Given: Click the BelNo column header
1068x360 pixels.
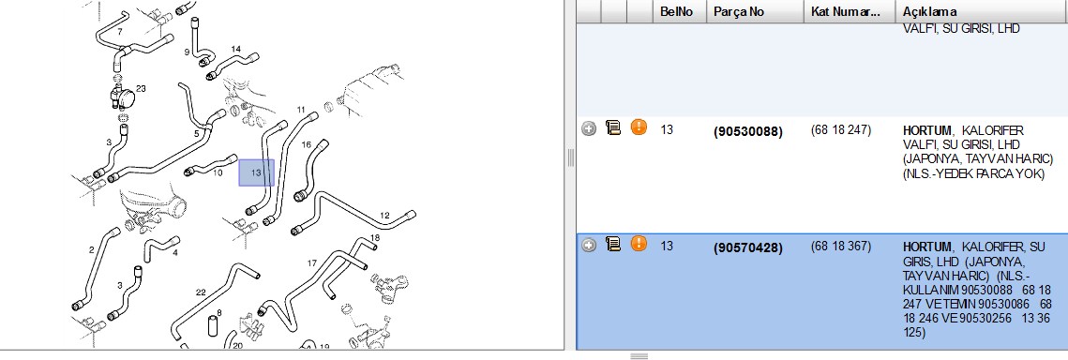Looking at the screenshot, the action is (x=676, y=11).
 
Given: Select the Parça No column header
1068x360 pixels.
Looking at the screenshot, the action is (x=739, y=11).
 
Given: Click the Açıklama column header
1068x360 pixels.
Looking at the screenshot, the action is (x=930, y=11).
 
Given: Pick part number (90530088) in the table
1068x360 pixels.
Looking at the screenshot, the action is (x=748, y=132).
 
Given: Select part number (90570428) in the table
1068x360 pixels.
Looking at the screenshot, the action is (x=748, y=247).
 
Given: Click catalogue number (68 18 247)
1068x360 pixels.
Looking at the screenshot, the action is (x=840, y=129).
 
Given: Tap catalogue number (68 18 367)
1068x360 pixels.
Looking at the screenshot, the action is (x=840, y=246).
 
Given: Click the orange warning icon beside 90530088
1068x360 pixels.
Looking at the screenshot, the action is (x=639, y=127).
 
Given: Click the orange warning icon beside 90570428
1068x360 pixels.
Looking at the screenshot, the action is (x=639, y=243).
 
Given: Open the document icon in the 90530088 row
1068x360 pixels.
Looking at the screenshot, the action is (x=613, y=127).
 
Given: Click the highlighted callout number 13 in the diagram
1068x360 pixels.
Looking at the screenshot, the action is (x=256, y=172).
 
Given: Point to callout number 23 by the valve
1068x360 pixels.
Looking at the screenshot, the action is (x=141, y=88).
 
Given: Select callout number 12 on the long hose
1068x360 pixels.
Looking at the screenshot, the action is (x=384, y=216).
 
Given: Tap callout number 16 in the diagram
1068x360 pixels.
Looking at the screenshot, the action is (x=306, y=145).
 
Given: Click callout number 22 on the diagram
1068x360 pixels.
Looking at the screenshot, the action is (x=201, y=292).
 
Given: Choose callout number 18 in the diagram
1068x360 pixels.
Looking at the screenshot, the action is (x=375, y=237).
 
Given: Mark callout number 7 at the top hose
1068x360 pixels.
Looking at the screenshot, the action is (x=120, y=32).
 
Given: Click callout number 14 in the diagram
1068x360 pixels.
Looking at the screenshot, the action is (x=235, y=49).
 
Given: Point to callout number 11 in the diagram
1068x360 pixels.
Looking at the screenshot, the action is (x=301, y=110).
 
